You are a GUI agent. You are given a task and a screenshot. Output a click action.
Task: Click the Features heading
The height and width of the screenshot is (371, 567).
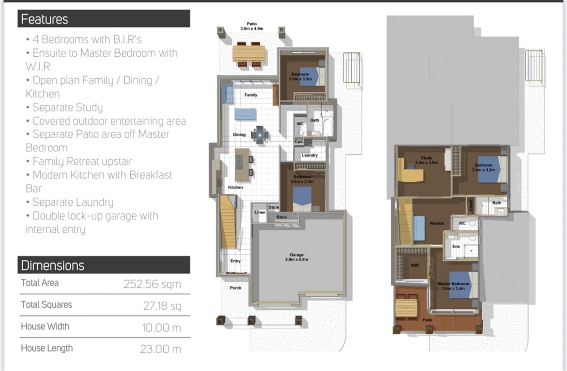click(45, 19)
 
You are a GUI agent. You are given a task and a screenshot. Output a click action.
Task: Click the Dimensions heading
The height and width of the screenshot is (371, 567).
click(53, 265)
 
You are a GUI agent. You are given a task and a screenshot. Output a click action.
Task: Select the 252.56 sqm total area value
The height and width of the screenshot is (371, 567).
click(152, 284)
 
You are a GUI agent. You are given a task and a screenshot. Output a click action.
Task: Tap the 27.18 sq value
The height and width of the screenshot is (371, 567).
click(162, 306)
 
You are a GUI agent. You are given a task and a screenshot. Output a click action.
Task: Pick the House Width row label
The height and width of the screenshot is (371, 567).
click(45, 326)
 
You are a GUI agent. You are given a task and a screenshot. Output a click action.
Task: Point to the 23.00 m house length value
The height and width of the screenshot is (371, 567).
click(160, 349)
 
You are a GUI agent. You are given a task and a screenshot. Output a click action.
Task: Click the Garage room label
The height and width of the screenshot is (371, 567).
click(297, 255)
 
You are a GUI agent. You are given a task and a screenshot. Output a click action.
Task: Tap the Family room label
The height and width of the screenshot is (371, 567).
click(251, 95)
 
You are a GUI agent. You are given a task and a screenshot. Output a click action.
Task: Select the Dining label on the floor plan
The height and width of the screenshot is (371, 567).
click(239, 135)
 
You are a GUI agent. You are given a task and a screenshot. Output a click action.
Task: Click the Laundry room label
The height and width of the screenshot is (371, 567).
click(310, 155)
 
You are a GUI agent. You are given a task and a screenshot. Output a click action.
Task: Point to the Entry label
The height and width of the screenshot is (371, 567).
click(236, 261)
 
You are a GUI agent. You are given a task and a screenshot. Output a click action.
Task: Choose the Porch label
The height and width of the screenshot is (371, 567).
click(236, 288)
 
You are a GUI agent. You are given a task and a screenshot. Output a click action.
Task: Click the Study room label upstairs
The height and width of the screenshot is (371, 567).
click(426, 158)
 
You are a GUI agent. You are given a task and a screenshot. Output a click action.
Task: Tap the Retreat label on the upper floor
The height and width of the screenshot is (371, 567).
click(437, 223)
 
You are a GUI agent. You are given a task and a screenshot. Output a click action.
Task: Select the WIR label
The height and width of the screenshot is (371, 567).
click(415, 265)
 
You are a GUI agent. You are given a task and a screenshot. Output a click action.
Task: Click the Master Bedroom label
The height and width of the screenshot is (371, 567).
click(453, 284)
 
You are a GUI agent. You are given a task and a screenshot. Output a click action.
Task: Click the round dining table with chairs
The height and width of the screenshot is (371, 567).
click(260, 135)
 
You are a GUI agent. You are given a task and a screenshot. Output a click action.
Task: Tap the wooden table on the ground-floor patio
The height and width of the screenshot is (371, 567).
click(249, 54)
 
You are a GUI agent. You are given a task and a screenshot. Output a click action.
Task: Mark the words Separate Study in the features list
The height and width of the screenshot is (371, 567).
click(68, 108)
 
